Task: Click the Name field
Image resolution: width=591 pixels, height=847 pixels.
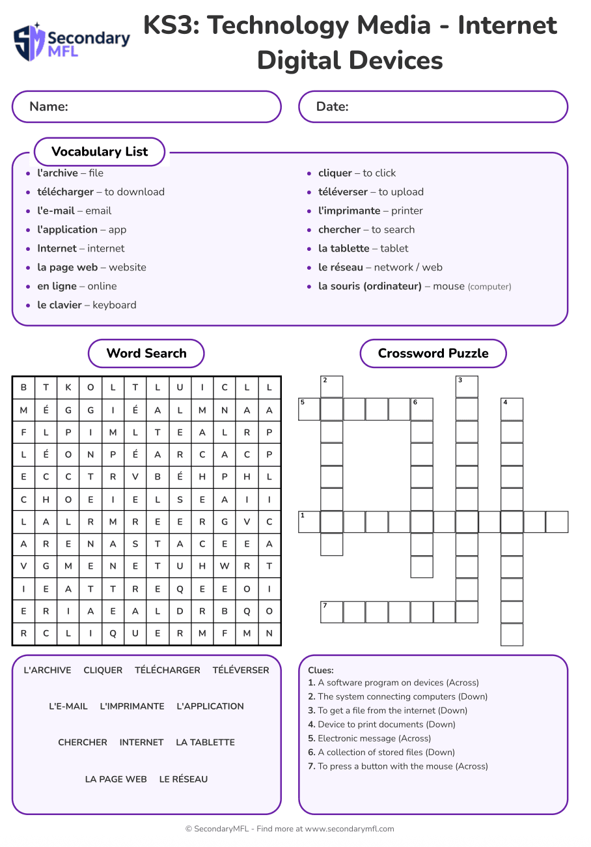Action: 146,107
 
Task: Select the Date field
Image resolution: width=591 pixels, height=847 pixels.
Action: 433,107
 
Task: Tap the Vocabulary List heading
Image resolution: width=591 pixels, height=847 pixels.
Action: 100,152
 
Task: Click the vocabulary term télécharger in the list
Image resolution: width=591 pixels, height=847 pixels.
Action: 65,192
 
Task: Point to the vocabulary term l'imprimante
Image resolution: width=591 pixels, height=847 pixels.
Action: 349,210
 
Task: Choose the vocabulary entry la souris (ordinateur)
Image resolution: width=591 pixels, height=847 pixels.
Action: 370,286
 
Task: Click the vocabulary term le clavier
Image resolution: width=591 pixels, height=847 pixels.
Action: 59,305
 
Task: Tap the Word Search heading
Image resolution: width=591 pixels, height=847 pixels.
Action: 146,353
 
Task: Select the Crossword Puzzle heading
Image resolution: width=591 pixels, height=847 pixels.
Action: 433,353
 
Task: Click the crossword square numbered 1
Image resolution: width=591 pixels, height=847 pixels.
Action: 309,522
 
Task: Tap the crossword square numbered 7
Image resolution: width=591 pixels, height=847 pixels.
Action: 332,612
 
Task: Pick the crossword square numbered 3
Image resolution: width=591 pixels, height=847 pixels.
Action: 467,386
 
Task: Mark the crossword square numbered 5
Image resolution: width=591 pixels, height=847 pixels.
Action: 309,409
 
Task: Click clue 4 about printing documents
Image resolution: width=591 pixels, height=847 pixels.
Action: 381,725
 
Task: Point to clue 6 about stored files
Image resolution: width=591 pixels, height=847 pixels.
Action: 381,753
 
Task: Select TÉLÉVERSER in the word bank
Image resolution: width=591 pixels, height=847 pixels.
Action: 241,670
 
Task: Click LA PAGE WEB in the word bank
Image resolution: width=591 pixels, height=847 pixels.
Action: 116,779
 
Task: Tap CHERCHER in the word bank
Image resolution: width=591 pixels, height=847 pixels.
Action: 83,742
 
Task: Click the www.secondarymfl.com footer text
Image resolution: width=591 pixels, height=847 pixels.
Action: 350,829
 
